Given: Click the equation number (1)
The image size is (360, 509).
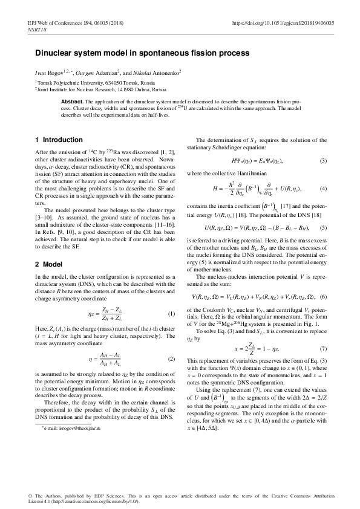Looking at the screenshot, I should pos(171,314).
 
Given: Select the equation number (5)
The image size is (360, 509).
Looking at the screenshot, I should pos(324,227).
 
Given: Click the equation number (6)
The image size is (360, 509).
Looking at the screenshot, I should pos(324,297).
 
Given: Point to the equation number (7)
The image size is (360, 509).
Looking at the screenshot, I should pos(324,348).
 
